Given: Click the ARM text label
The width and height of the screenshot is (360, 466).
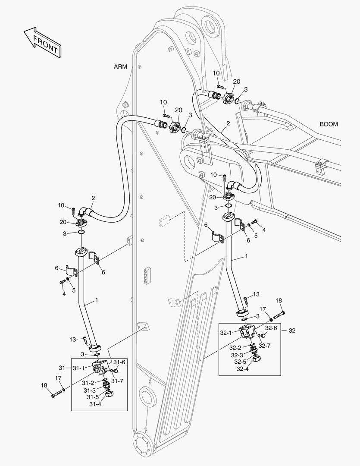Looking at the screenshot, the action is [x=120, y=66].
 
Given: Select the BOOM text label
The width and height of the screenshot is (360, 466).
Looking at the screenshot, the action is [x=329, y=124].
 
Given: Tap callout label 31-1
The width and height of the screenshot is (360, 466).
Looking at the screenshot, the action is [x=79, y=368].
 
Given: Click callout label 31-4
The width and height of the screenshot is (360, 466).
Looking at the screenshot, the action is [x=95, y=404].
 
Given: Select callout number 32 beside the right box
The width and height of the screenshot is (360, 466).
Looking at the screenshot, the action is [x=292, y=331].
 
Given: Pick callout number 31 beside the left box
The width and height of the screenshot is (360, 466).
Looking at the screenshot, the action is [x=62, y=368].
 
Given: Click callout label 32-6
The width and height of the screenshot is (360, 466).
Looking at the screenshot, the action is [x=271, y=328].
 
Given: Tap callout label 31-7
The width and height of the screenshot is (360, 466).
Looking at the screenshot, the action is [x=117, y=381].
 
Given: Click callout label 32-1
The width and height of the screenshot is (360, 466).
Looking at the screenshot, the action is [x=226, y=333].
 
